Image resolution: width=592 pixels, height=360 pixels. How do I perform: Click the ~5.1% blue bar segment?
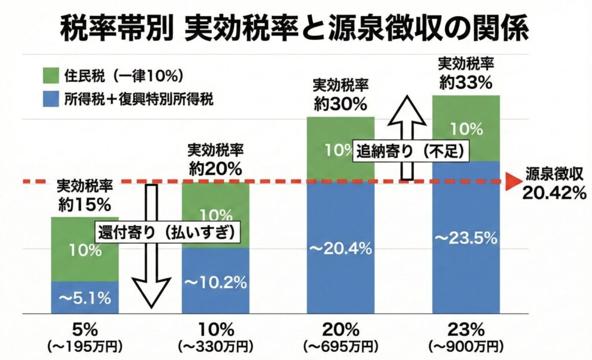(x=85, y=298)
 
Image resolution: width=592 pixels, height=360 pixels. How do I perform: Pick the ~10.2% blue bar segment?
(x=216, y=281)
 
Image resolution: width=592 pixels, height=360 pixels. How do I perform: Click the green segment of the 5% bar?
(x=85, y=250)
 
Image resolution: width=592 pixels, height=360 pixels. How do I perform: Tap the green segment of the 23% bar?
(x=465, y=128)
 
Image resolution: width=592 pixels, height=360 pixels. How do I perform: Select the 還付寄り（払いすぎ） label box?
(x=167, y=231)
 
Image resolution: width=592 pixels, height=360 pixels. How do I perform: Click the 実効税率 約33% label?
(x=465, y=72)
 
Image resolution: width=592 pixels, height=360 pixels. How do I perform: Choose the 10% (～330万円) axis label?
(x=216, y=337)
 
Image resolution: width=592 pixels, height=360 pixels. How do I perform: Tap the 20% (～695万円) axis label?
(x=341, y=337)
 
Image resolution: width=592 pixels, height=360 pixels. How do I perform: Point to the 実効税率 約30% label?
(x=341, y=95)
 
